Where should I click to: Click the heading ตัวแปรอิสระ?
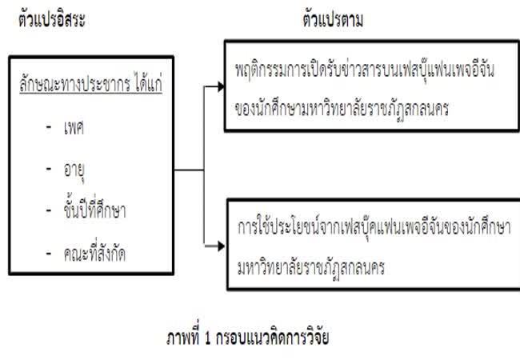pos(51,21)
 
